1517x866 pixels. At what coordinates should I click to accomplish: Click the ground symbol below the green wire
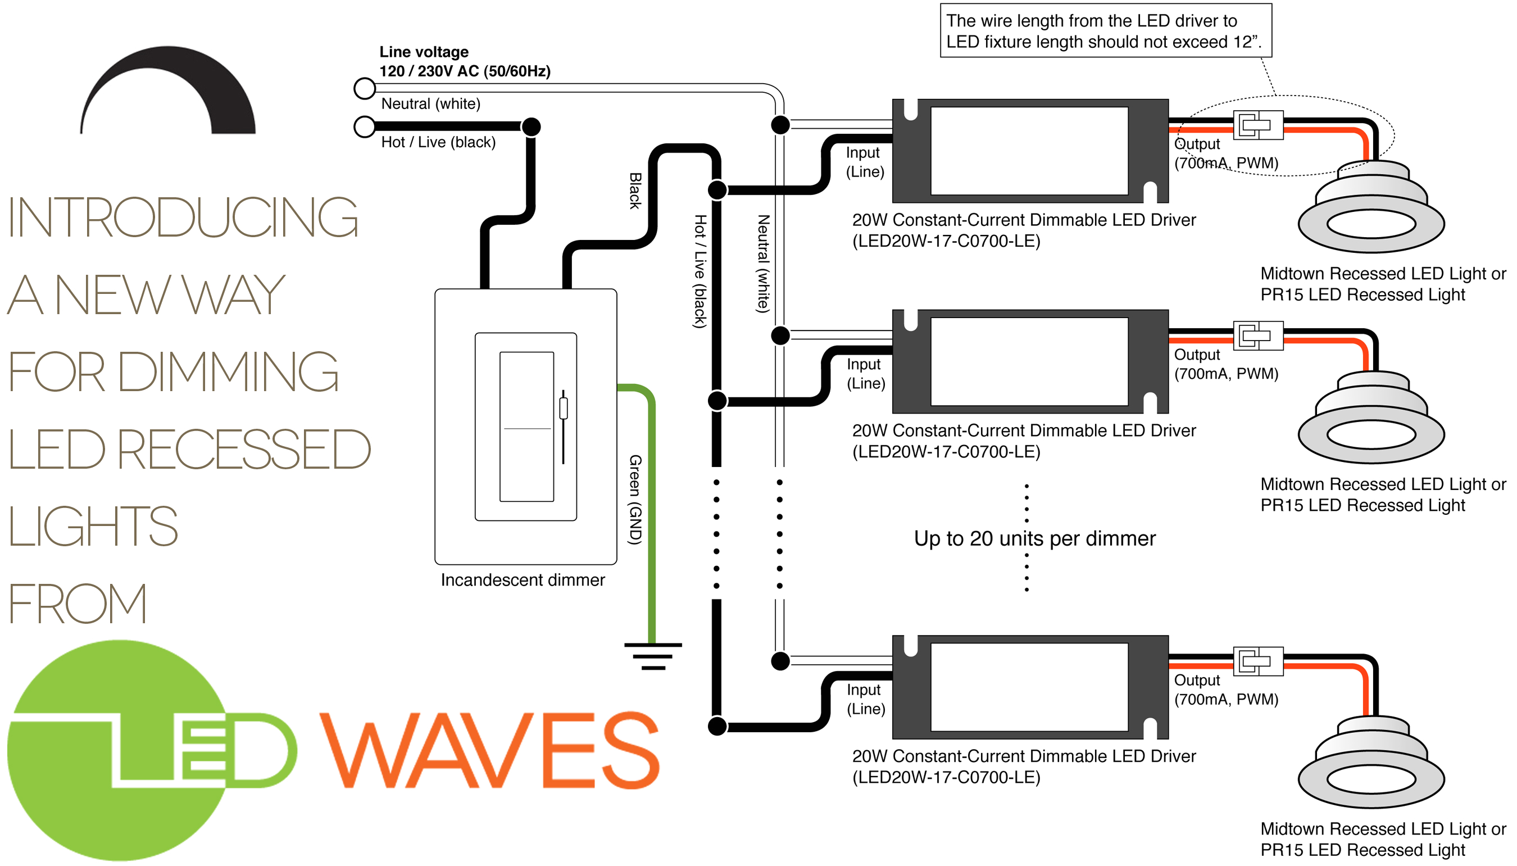click(x=652, y=656)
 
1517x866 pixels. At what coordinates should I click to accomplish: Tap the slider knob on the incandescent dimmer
click(x=563, y=409)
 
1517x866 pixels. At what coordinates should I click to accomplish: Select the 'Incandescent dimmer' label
click(x=522, y=580)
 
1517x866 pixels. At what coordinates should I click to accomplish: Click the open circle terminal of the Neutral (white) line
click(x=365, y=89)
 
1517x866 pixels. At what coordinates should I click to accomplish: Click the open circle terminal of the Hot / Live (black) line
click(x=365, y=126)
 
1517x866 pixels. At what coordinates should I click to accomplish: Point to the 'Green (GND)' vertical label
click(x=635, y=500)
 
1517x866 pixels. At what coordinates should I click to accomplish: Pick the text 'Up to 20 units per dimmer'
click(x=1034, y=538)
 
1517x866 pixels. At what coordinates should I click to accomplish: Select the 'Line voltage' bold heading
click(x=424, y=52)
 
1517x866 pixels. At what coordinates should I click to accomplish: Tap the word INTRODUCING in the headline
click(x=183, y=217)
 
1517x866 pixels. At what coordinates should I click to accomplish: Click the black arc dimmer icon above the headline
click(x=169, y=89)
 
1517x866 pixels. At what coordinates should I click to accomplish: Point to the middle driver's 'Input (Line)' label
click(x=865, y=374)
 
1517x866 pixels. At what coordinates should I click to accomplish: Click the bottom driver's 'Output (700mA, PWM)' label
click(x=1225, y=690)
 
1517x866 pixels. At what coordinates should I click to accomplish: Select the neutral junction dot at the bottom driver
click(x=780, y=661)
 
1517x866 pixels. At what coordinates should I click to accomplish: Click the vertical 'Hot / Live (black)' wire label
click(x=700, y=271)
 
